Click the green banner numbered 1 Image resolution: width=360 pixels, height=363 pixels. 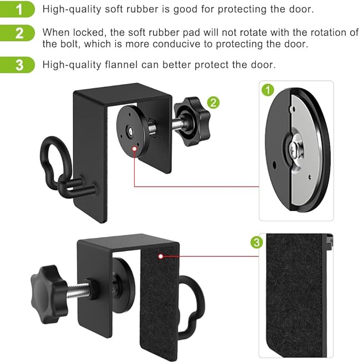point(17,9)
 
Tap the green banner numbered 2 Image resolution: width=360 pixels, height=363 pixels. point(17,33)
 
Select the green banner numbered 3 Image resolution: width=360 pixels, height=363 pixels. point(17,65)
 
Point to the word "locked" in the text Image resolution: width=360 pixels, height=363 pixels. point(90,32)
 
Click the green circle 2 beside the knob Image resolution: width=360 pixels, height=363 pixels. point(213,103)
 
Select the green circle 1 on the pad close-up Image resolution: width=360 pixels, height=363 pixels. point(268,90)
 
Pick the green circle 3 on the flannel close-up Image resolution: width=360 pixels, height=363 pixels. point(257,242)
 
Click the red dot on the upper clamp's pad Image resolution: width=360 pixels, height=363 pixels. point(134,149)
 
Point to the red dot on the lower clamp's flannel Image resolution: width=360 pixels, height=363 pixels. point(161,256)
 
